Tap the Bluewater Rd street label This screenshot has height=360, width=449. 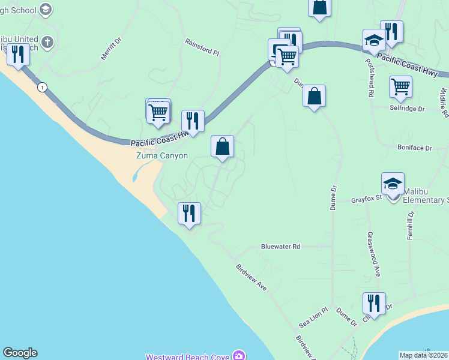point(280,247)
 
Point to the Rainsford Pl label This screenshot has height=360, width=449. point(202,48)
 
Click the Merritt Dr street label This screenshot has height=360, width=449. point(110,47)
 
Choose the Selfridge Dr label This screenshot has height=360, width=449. point(406,109)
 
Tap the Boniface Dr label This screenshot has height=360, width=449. point(414,147)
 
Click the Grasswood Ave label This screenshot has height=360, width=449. point(374,254)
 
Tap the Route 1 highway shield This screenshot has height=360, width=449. point(41,88)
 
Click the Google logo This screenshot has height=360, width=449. point(20,353)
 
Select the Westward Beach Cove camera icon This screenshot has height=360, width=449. point(239,356)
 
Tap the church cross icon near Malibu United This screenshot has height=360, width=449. point(48,43)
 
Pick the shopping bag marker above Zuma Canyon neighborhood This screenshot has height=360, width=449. point(222,146)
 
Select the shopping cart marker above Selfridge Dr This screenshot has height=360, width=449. point(400,86)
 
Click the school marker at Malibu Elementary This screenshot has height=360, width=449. point(393,184)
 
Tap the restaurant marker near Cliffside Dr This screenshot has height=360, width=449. point(374,303)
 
